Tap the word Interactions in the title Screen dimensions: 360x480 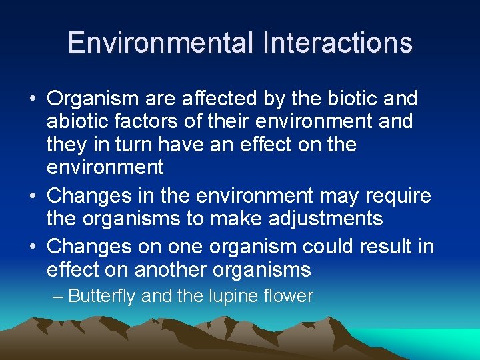coord(338,43)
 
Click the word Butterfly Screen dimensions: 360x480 coord(103,295)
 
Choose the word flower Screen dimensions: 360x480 coord(289,295)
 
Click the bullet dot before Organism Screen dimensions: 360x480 coord(32,100)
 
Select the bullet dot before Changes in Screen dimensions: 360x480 coord(32,197)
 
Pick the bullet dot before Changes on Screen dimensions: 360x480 coord(32,247)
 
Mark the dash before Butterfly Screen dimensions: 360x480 coord(59,295)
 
